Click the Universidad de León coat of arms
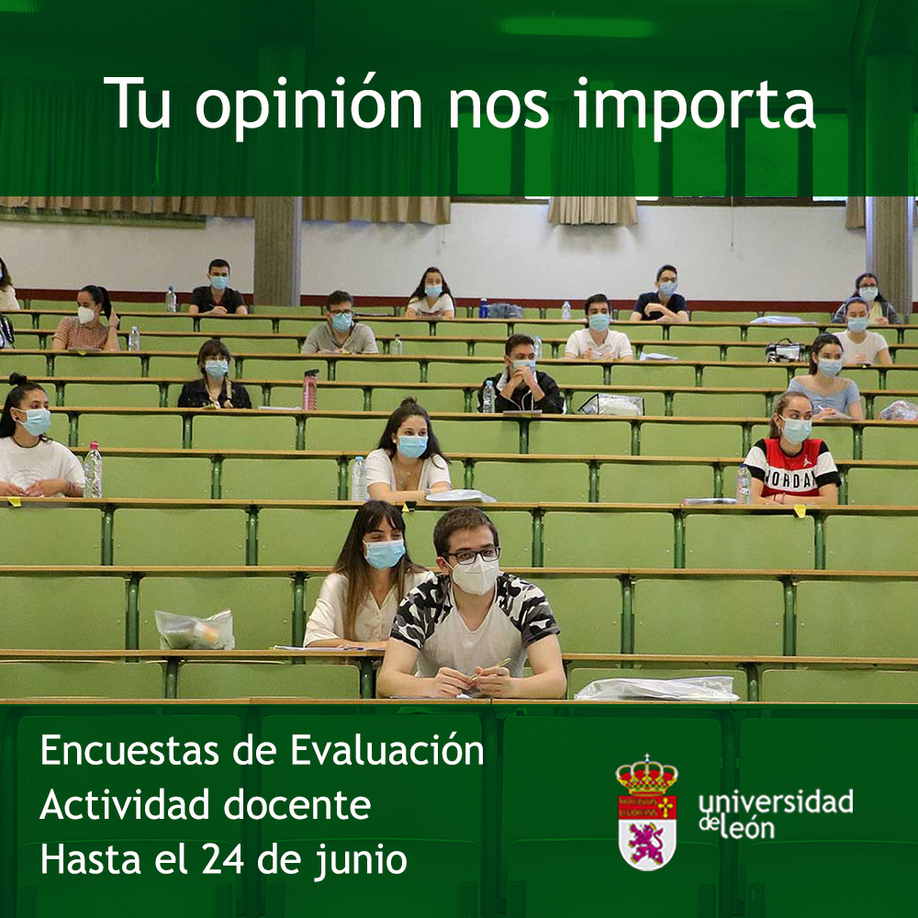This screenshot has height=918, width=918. [647, 813]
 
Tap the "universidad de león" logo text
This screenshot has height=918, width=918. [775, 812]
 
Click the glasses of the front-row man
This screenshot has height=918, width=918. [473, 555]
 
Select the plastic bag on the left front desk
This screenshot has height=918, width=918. [194, 630]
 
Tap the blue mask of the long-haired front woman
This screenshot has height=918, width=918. [384, 553]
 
